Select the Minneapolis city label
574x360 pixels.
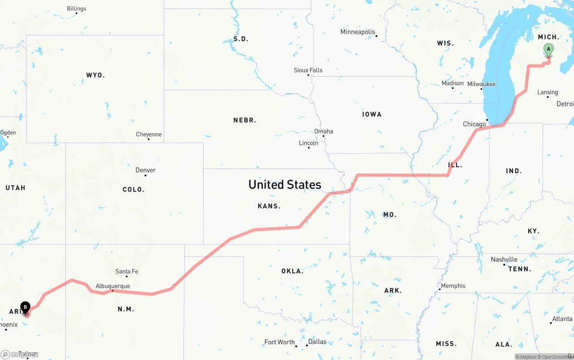tap(357, 32)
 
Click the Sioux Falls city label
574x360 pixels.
tap(308, 70)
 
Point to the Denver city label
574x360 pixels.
tap(146, 170)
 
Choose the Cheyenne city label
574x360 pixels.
tap(149, 134)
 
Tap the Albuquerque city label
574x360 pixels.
tap(113, 286)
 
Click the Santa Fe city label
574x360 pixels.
tap(126, 271)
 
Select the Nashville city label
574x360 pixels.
tap(504, 259)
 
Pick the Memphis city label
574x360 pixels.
tap(453, 286)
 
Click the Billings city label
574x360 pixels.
tap(77, 9)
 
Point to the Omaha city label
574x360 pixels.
tap(324, 131)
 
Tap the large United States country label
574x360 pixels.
tap(285, 184)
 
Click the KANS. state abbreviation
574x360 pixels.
tap(269, 206)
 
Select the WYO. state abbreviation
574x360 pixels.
tap(95, 75)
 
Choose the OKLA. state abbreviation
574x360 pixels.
tap(292, 271)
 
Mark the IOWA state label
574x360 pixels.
tap(372, 114)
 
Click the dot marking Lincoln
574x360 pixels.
tap(309, 147)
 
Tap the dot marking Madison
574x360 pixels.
tap(452, 88)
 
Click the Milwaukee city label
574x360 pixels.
tap(482, 84)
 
